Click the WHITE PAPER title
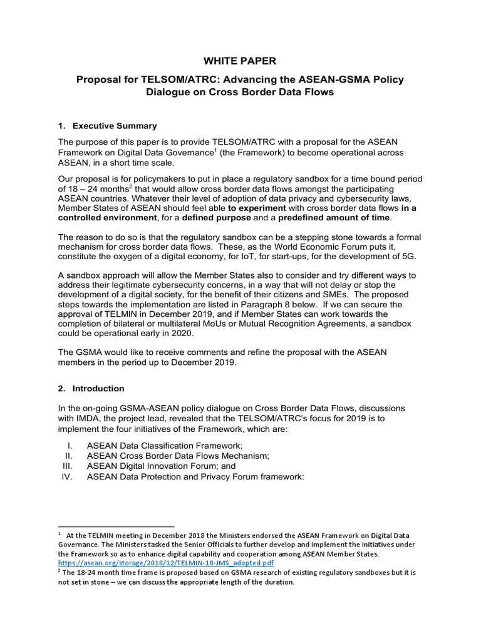tap(240, 61)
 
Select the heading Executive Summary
tap(115, 126)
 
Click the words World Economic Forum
tap(310, 247)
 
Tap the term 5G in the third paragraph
tap(408, 257)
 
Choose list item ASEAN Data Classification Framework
tap(163, 445)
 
